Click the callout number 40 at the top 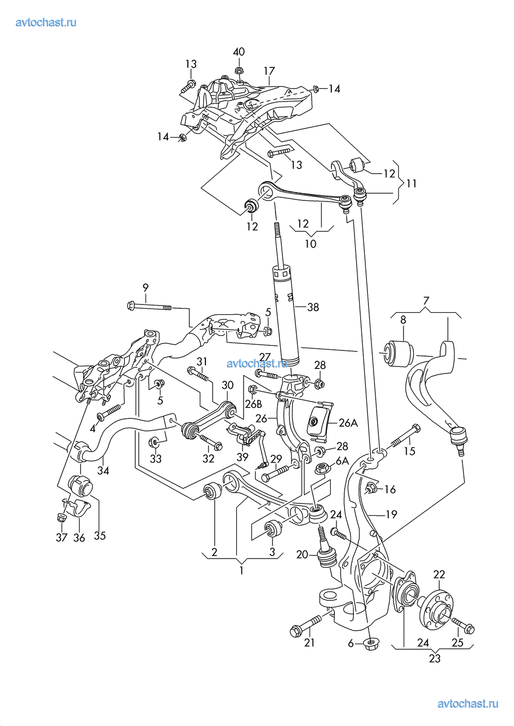click(x=238, y=52)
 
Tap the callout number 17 click(x=269, y=71)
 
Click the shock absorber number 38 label click(x=313, y=307)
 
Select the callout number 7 click(x=426, y=300)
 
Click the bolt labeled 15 click(x=403, y=437)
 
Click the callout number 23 click(x=435, y=659)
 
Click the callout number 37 click(x=61, y=537)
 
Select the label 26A click(x=348, y=423)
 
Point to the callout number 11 click(x=411, y=183)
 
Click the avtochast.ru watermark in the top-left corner click(x=46, y=22)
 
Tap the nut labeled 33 click(x=154, y=443)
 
